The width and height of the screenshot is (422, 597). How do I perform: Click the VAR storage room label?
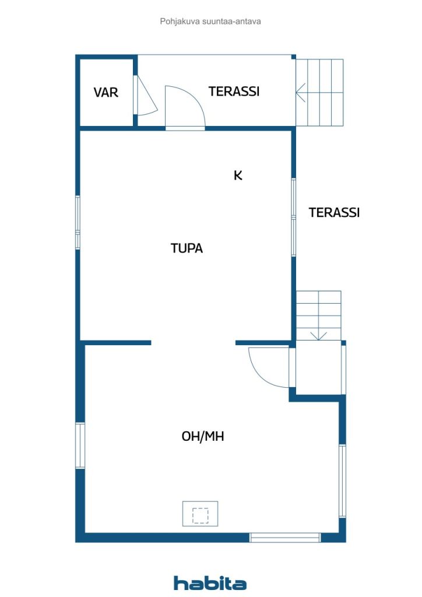(x=105, y=92)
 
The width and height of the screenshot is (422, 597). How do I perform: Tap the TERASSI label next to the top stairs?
(x=234, y=92)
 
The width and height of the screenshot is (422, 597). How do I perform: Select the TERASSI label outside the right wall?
(x=334, y=212)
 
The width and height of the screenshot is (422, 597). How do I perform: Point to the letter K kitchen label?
(x=238, y=175)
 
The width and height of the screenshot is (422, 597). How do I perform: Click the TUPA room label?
(x=187, y=248)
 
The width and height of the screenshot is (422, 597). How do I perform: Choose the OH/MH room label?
(x=203, y=436)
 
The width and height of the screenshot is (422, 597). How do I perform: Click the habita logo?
(x=210, y=582)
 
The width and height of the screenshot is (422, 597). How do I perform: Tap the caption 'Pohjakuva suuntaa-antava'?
(x=210, y=22)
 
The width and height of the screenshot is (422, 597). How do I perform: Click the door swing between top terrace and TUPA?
(x=185, y=108)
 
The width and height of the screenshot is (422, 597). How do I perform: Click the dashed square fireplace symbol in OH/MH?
(x=200, y=515)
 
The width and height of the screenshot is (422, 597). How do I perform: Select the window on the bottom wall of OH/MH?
(x=285, y=537)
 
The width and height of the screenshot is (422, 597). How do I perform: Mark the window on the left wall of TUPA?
(x=78, y=223)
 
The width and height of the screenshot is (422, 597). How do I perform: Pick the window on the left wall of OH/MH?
(x=80, y=445)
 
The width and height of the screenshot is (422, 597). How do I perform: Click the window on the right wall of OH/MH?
(x=342, y=481)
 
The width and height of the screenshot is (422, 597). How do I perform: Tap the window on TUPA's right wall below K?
(x=293, y=217)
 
